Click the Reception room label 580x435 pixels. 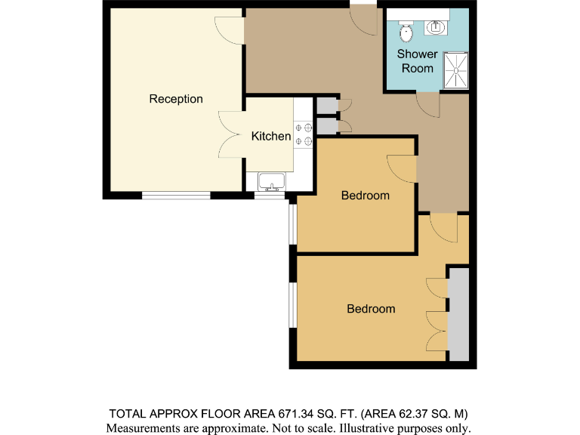(175, 99)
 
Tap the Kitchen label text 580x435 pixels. (270, 136)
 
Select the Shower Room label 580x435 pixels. (417, 61)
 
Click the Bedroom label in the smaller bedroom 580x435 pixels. (365, 196)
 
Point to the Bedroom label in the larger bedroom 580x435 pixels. (370, 309)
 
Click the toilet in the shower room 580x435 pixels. (406, 32)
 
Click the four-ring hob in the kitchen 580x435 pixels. (303, 134)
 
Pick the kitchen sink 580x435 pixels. (270, 181)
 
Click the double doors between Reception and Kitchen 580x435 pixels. (231, 134)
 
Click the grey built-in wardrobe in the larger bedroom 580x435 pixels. (458, 314)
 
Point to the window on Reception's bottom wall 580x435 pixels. (176, 195)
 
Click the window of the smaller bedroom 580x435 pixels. (292, 224)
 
